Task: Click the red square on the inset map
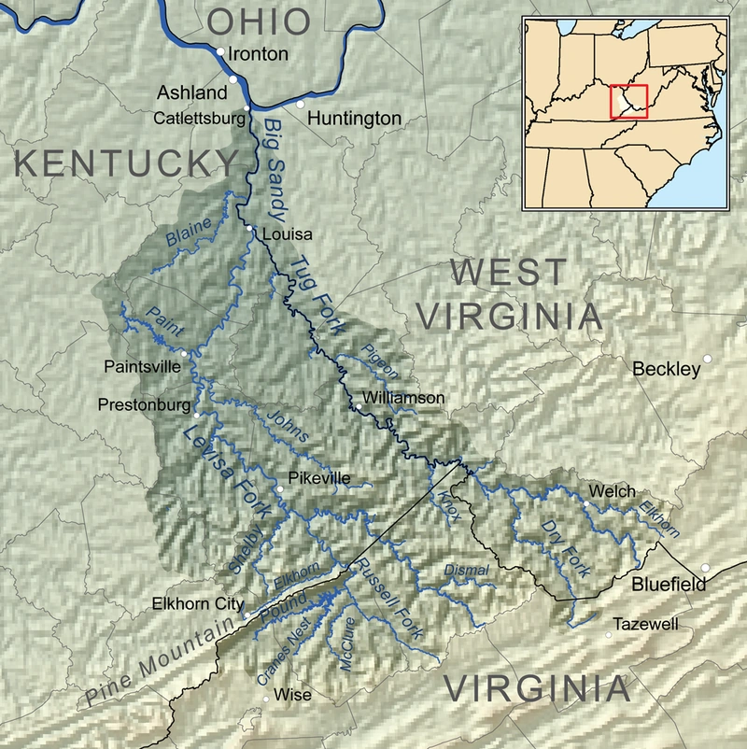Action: (627, 101)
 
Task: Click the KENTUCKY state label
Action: (127, 163)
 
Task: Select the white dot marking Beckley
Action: (709, 359)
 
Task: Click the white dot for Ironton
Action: (219, 52)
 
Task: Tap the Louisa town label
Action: (289, 234)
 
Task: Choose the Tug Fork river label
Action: (317, 297)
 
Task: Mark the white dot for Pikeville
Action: (279, 489)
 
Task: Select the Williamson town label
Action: (404, 398)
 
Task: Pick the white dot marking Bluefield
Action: (706, 567)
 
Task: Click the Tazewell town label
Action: (645, 624)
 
